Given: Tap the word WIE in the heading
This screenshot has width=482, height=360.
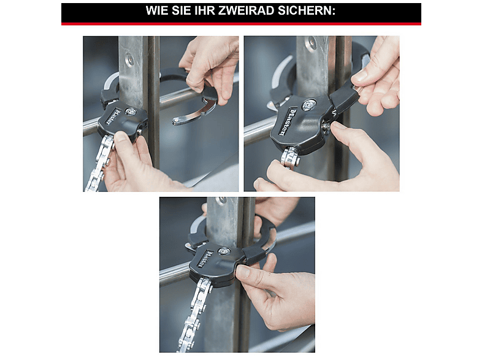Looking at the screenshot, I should point(158,11).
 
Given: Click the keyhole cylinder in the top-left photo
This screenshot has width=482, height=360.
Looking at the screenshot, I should point(131,112).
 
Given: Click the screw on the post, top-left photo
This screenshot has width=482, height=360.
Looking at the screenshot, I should point(129,59).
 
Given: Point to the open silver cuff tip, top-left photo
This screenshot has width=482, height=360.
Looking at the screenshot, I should point(178,121).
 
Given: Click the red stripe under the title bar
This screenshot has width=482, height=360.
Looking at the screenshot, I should point(241,24).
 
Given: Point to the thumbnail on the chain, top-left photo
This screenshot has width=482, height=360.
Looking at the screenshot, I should point(120,137).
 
